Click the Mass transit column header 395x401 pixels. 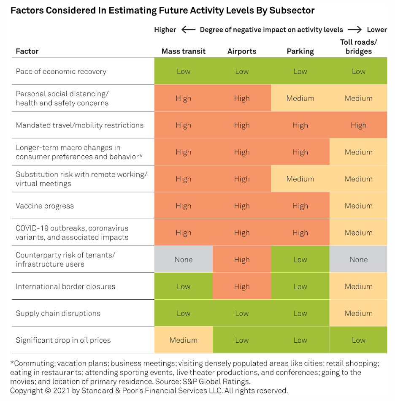pyautogui.click(x=183, y=51)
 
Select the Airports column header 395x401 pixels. pyautogui.click(x=242, y=51)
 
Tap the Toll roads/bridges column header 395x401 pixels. pyautogui.click(x=358, y=47)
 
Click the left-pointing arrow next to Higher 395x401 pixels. pyautogui.click(x=188, y=30)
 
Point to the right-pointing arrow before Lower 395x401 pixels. pyautogui.click(x=355, y=30)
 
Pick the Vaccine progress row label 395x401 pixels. pyautogui.click(x=45, y=206)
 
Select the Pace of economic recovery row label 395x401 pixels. pyautogui.click(x=61, y=71)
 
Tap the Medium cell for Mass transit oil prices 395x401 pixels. pyautogui.click(x=183, y=340)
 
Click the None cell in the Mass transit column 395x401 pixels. pyautogui.click(x=183, y=260)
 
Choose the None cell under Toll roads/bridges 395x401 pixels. pyautogui.click(x=358, y=260)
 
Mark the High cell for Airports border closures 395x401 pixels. pyautogui.click(x=242, y=287)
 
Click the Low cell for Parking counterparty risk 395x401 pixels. pyautogui.click(x=300, y=260)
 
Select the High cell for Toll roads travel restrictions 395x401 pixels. pyautogui.click(x=358, y=125)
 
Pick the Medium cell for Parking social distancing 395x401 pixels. pyautogui.click(x=300, y=98)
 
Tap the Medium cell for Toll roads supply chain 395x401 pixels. pyautogui.click(x=358, y=313)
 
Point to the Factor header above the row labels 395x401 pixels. pyautogui.click(x=27, y=51)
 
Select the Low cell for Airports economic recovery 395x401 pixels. pyautogui.click(x=242, y=71)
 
